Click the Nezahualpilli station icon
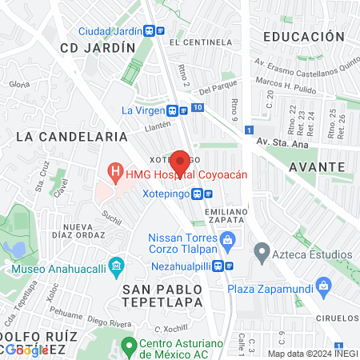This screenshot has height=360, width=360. tap(229, 266)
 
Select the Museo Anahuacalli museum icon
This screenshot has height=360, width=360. tap(117, 265)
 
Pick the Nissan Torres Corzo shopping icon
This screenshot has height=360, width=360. tap(228, 238)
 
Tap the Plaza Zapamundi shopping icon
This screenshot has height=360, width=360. tap(324, 285)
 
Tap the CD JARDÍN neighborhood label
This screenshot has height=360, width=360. tap(97, 47)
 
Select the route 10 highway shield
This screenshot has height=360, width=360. tap(198, 107)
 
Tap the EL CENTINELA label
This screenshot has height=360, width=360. tap(195, 41)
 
